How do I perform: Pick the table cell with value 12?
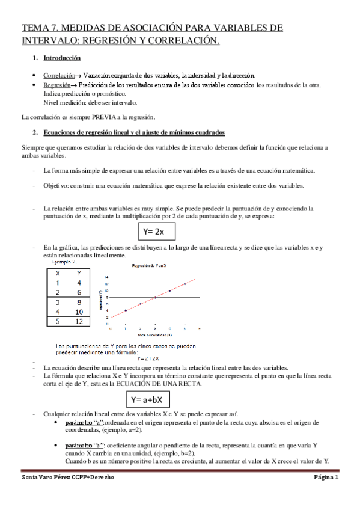(x=79, y=322)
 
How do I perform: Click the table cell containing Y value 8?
(x=79, y=302)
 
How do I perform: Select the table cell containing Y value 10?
(x=79, y=312)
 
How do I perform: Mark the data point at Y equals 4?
(x=126, y=310)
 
